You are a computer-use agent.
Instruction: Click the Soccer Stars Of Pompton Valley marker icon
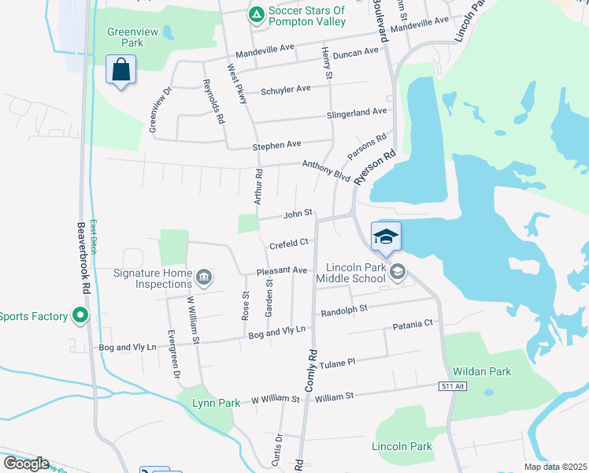point(256,14)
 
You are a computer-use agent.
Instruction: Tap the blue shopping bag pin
point(121,70)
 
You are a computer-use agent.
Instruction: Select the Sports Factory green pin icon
point(80,316)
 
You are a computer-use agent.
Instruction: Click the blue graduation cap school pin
point(387,236)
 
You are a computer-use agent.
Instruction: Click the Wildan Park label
point(481,371)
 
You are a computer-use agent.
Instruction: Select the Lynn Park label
point(217,403)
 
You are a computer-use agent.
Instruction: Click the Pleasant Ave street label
point(281,271)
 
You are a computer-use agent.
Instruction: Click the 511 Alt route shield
point(448,385)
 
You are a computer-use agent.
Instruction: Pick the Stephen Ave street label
point(276,145)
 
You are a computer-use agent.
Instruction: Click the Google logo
point(26,464)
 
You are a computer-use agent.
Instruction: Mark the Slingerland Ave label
point(357,114)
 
